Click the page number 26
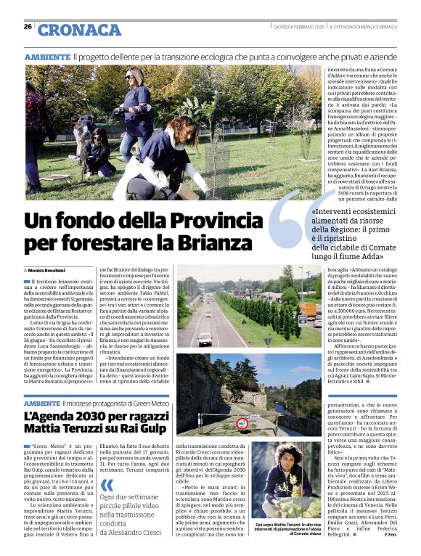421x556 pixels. coord(28,27)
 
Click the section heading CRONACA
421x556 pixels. coord(79,30)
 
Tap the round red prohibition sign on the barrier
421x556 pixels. coord(242,422)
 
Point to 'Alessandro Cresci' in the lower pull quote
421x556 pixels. coord(136,532)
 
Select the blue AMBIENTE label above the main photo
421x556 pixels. coord(47,57)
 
